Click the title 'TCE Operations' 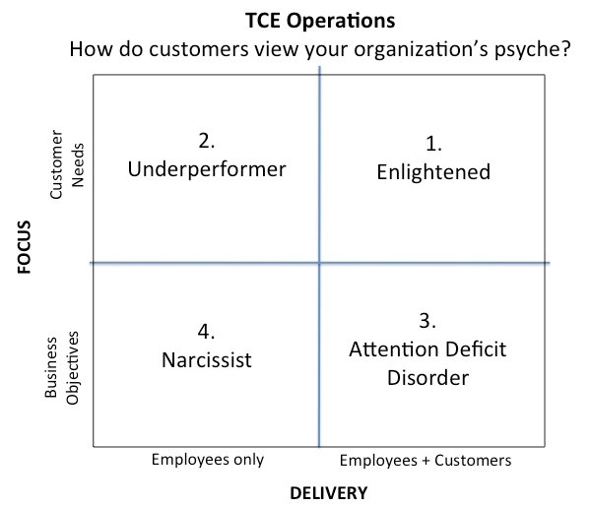tap(320, 21)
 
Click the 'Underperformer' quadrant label tap(207, 170)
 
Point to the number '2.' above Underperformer tap(207, 141)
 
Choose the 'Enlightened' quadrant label tap(433, 173)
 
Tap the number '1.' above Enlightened tap(433, 144)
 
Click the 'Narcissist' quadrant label tap(207, 360)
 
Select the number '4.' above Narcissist tap(207, 332)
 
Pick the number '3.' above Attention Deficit tap(427, 321)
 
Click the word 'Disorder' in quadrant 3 tap(428, 378)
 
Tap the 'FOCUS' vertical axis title tap(24, 247)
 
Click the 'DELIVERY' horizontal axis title tap(329, 493)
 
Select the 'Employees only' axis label tap(208, 460)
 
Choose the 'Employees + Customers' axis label tap(426, 461)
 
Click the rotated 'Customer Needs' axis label tap(67, 164)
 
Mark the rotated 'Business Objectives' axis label tap(61, 368)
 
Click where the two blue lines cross tap(319, 263)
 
